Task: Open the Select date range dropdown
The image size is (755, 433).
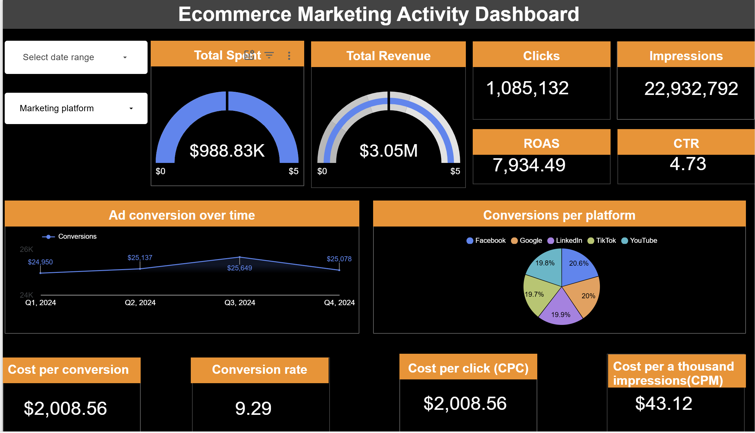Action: coord(76,57)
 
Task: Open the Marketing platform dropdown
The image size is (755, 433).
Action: coord(76,108)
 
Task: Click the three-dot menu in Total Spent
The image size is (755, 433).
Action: coord(289,56)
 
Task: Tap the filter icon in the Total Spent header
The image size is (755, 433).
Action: coord(269,55)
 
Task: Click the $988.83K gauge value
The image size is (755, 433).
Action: coord(227,151)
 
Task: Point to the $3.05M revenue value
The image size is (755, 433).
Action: coord(388,151)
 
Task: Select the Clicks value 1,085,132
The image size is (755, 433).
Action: coord(527,88)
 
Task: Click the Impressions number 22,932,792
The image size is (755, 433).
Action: coord(691,89)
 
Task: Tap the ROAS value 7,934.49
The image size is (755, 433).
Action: coord(529,165)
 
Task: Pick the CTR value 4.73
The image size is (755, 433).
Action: coord(688,164)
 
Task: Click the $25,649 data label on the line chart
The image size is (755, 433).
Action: coord(239,268)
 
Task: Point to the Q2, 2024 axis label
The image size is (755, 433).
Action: coord(140,303)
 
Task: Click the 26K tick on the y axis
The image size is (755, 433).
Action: coord(26,249)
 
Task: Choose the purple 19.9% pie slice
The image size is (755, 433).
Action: coord(561,312)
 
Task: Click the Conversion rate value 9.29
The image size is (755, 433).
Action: coord(253,408)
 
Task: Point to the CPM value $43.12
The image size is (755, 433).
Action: coord(664,404)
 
